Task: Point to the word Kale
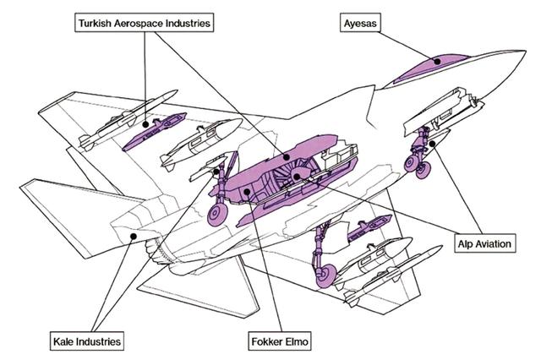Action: pyautogui.click(x=51, y=341)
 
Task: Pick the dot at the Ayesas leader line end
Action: pyautogui.click(x=436, y=60)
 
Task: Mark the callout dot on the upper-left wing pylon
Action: pyautogui.click(x=147, y=124)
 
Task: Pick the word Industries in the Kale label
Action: pyautogui.click(x=90, y=341)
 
